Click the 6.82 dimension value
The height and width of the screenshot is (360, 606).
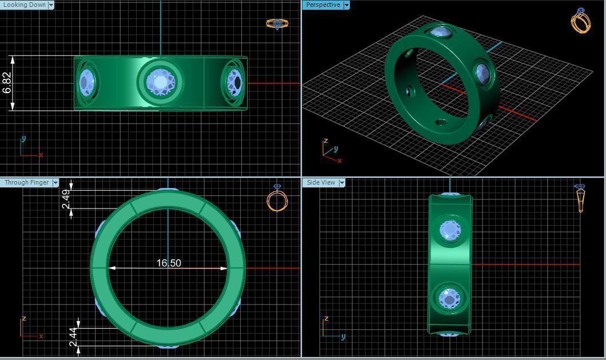point(7,83)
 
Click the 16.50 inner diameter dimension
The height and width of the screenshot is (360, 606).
point(169,263)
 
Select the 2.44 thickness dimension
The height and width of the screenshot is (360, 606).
point(73,337)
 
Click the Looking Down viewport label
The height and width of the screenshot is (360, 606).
point(24,5)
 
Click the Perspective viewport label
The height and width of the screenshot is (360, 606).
point(323,5)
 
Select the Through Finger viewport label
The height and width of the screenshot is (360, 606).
point(26,182)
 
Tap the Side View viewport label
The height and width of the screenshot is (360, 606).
point(321,182)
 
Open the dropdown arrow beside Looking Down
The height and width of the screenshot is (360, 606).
point(51,5)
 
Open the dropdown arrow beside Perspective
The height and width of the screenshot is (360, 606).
point(346,5)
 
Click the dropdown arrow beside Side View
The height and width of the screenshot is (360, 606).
point(342,182)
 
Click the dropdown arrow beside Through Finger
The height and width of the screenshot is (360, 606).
point(55,182)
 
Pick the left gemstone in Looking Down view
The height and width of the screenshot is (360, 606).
point(87,82)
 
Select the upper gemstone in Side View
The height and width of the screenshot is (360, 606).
point(450,231)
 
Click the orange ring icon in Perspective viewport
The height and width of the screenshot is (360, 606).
point(581,21)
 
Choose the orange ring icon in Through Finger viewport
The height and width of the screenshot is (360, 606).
point(277,198)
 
